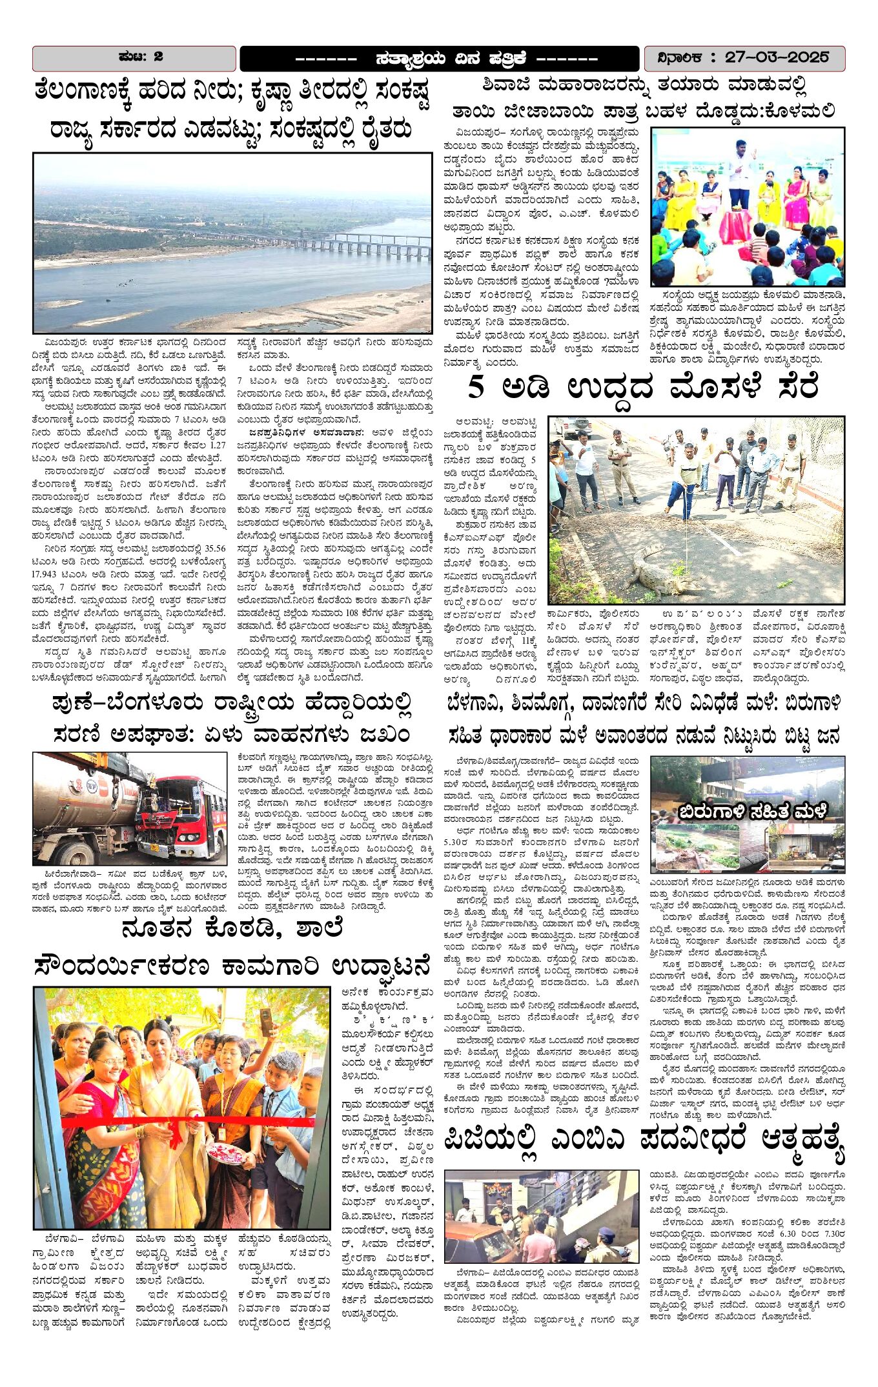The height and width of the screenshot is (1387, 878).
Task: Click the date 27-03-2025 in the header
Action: [x=777, y=57]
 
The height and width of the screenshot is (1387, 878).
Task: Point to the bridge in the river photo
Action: [x=336, y=243]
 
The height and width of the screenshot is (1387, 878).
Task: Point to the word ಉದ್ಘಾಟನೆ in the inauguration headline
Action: [x=381, y=966]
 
